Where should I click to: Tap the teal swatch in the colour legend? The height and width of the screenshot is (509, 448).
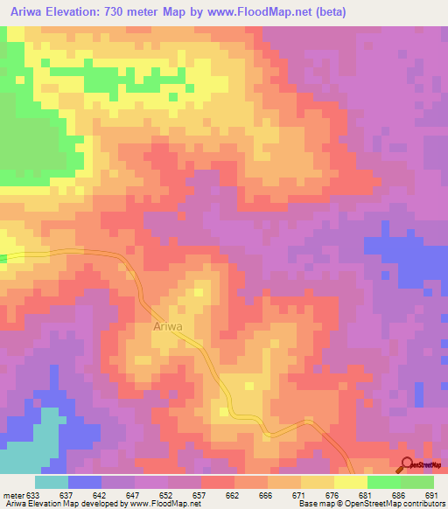point(52,482)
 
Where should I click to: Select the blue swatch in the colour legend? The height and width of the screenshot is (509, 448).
point(85,482)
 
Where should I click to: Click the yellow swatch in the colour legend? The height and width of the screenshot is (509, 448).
point(350,482)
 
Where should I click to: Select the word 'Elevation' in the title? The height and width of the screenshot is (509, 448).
point(70,12)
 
